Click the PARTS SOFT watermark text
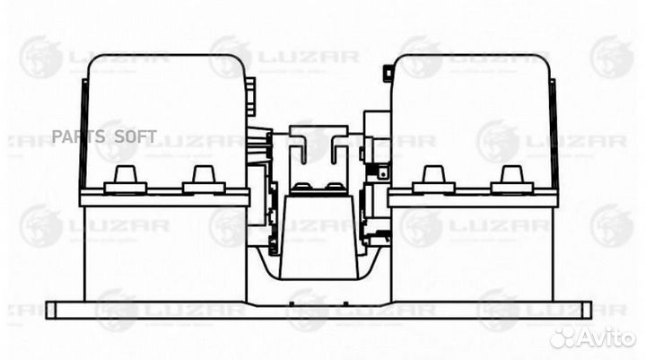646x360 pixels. (104, 136)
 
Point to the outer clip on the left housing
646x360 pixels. (125, 181)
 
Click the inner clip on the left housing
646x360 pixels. (204, 181)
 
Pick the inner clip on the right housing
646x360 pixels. (433, 181)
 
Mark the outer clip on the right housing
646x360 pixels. (511, 181)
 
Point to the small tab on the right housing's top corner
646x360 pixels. (387, 71)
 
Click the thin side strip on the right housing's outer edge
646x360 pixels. (554, 135)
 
